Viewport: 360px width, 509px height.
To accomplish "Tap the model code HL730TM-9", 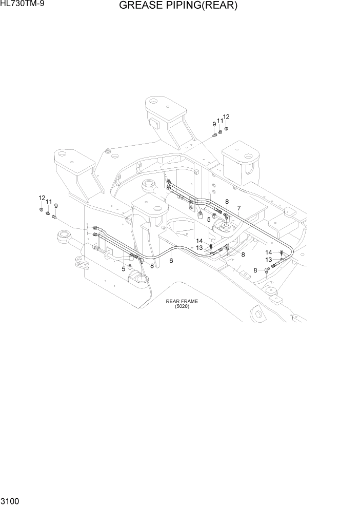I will click(22, 5).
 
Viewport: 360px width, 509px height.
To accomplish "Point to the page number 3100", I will click(10, 500).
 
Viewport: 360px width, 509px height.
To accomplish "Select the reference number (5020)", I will click(182, 306).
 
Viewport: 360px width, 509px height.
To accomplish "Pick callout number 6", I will click(171, 261).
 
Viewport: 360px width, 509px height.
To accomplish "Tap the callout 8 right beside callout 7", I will click(227, 202).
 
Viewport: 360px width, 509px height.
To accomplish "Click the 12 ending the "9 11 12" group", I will click(226, 117).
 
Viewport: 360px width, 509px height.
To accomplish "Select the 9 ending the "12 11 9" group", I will click(56, 206).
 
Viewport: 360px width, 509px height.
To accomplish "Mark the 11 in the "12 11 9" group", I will click(49, 202).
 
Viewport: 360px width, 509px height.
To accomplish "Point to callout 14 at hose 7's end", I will click(269, 252).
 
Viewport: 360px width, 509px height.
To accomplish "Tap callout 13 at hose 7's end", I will click(268, 260).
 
